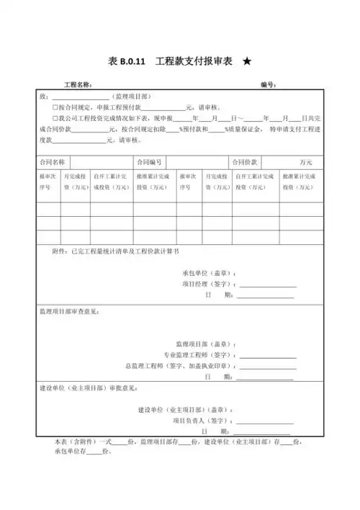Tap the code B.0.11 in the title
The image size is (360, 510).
[135, 63]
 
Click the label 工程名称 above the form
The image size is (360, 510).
[78, 85]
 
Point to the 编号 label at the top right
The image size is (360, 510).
[268, 85]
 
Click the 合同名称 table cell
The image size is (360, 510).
[53, 162]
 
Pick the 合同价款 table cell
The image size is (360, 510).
[246, 162]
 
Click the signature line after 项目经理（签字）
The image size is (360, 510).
[266, 285]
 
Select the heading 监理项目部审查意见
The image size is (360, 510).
[69, 312]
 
